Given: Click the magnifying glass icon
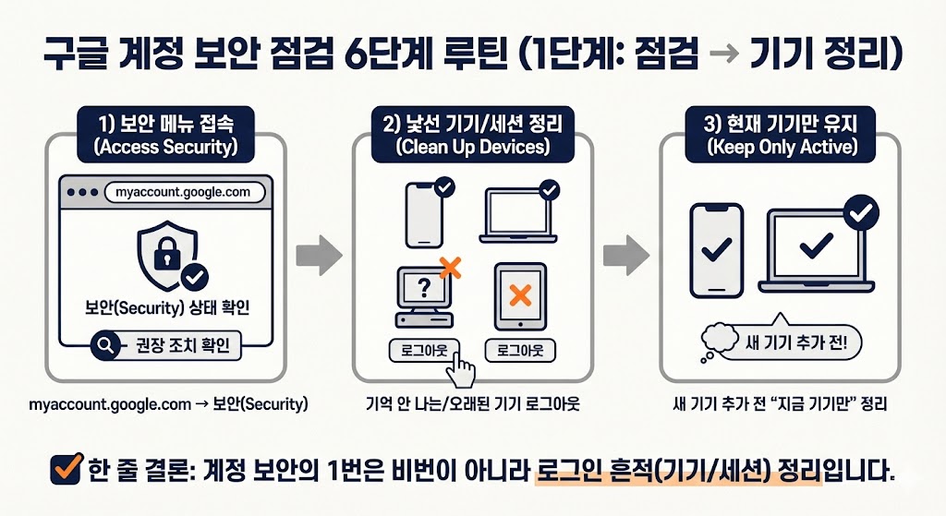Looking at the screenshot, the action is (106, 346).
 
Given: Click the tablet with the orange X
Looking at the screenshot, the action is (519, 297).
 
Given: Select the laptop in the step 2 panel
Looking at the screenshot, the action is (522, 211).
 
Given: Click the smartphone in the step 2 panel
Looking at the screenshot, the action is (425, 211).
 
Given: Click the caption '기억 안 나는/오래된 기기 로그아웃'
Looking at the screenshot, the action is (472, 404).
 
